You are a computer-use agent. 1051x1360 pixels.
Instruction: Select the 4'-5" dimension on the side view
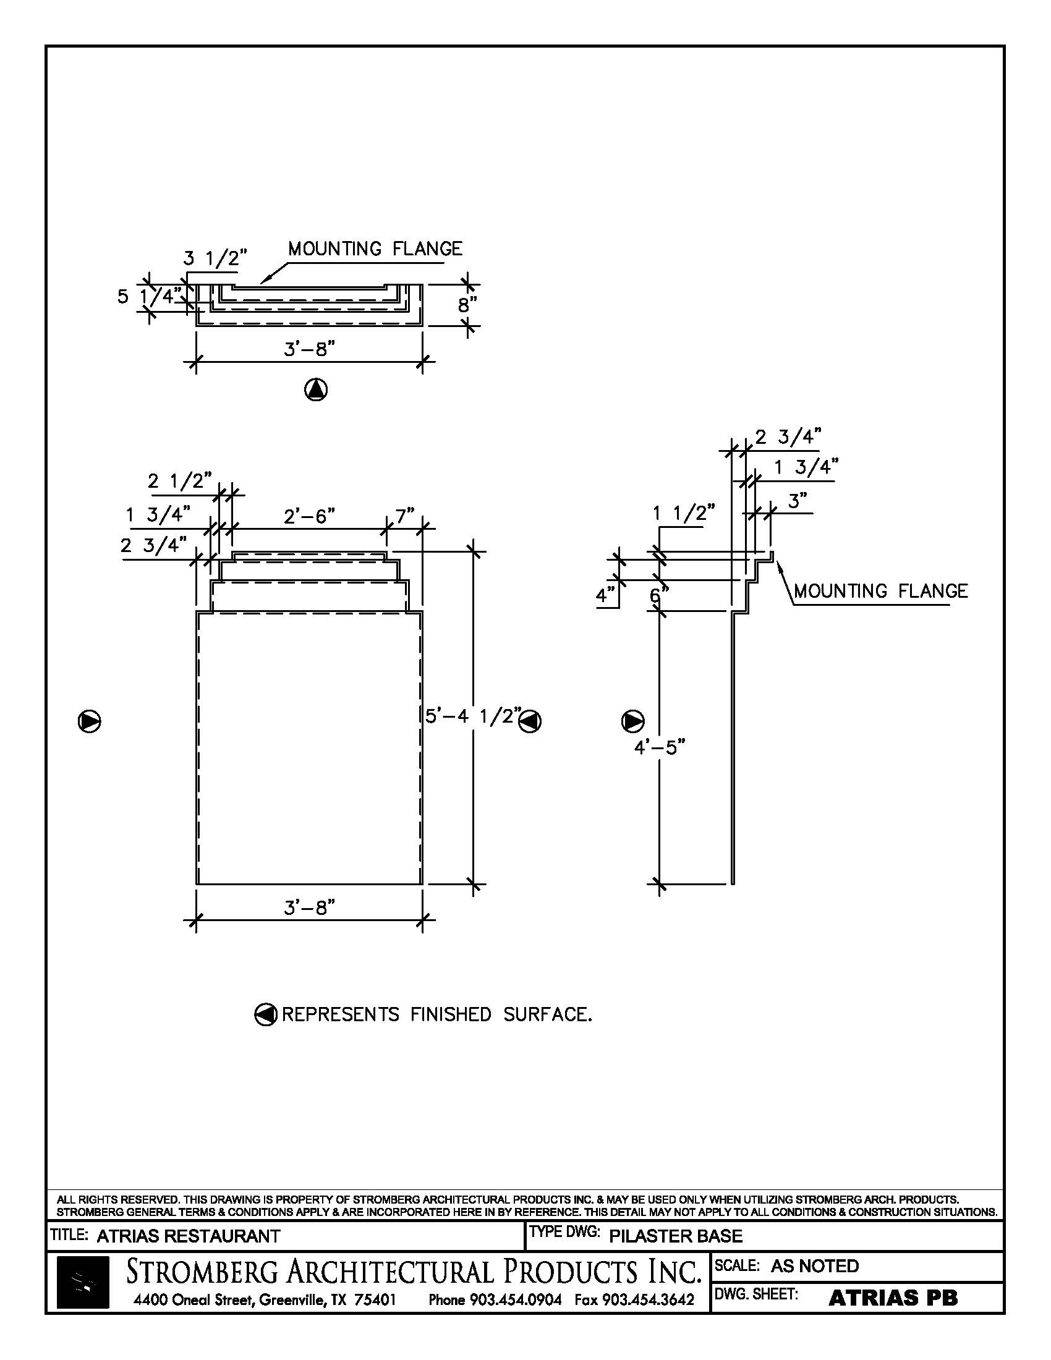(x=660, y=747)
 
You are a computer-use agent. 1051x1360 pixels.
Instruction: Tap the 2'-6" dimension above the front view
(x=310, y=516)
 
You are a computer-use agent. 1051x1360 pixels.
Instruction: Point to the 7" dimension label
(x=405, y=516)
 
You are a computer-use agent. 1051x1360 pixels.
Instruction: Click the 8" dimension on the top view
(x=467, y=305)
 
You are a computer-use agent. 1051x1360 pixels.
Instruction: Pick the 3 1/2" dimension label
(x=215, y=258)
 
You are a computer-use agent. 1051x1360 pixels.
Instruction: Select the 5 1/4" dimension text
(x=150, y=296)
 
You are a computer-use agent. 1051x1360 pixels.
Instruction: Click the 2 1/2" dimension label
(x=180, y=482)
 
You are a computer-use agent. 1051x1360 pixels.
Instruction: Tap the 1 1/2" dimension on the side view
(x=684, y=514)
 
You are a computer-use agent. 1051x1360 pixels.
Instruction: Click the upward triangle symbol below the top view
(x=317, y=390)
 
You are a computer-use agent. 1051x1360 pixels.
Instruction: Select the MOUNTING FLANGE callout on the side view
(x=880, y=591)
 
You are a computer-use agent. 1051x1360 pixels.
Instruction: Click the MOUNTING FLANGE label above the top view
(x=375, y=249)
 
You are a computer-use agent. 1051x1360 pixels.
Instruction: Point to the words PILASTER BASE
(x=676, y=1236)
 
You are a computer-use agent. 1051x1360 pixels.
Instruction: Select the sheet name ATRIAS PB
(x=893, y=1298)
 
